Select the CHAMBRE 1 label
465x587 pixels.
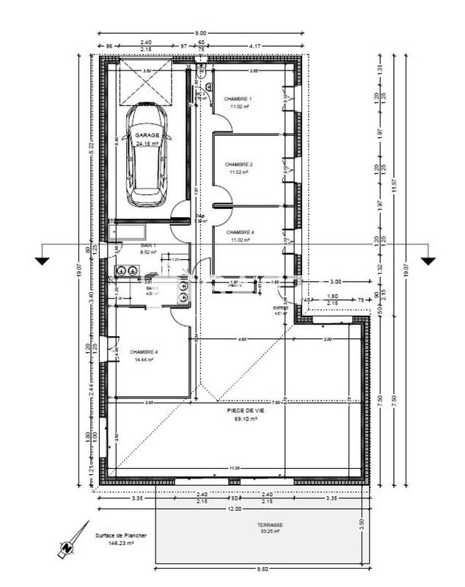238,98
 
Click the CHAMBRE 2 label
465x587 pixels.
239,164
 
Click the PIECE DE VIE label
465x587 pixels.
246,411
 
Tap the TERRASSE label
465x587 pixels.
270,525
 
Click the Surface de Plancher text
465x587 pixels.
120,536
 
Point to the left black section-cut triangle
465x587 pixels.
42,260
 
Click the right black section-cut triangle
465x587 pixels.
428,260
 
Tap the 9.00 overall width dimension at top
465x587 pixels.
201,33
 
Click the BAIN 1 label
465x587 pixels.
149,245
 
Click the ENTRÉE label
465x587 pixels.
279,308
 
